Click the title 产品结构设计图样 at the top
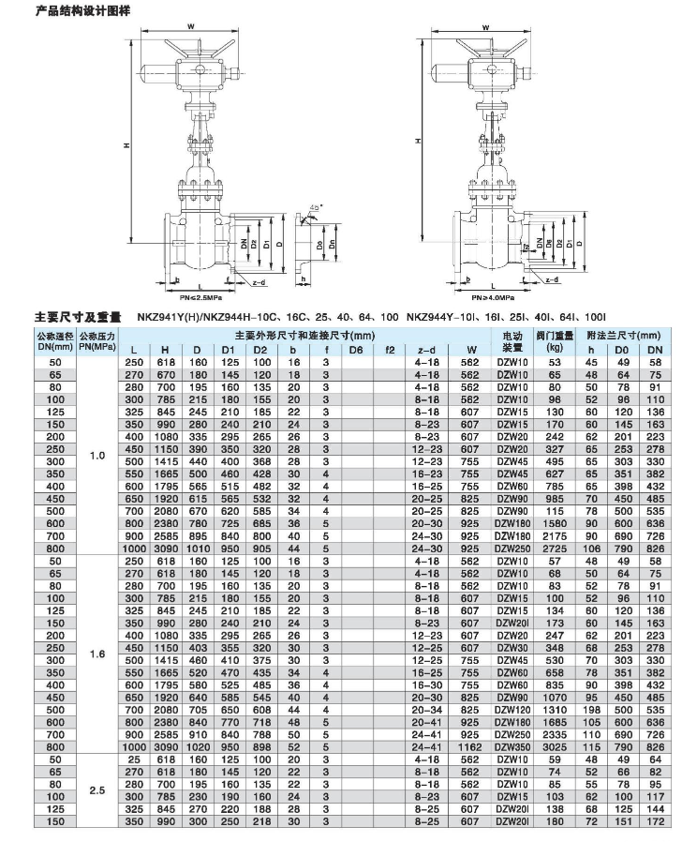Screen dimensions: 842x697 (82, 10)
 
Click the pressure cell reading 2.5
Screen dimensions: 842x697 (96, 790)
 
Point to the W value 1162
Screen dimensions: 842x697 (470, 746)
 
